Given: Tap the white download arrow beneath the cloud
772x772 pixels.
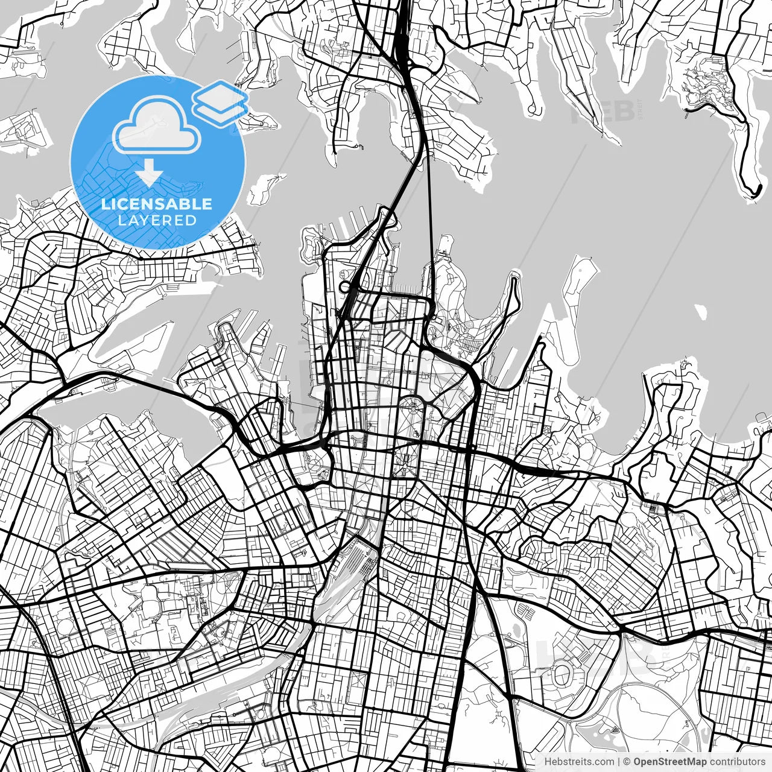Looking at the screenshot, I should click(149, 174).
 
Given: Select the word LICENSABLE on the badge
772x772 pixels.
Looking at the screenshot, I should click(157, 204).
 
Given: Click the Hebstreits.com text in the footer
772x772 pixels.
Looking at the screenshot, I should click(580, 762).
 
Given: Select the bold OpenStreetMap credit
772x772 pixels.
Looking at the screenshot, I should click(669, 762).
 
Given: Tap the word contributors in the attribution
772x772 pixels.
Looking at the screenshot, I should click(737, 762).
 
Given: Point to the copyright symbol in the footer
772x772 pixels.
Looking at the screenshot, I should click(627, 762).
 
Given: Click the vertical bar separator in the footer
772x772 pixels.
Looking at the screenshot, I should click(619, 762).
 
